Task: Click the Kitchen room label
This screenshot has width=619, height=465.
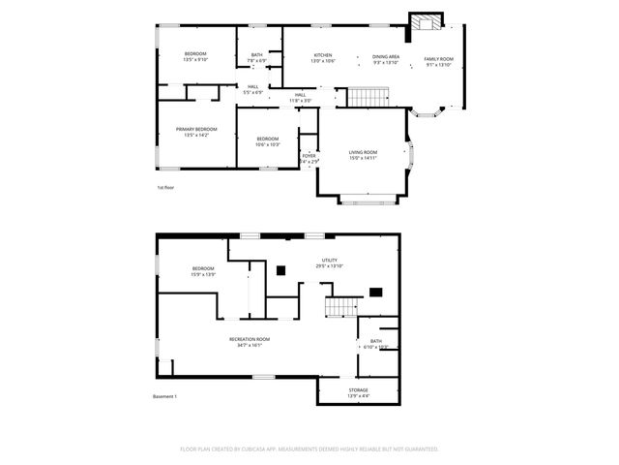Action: [322, 57]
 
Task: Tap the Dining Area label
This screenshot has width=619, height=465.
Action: [386, 57]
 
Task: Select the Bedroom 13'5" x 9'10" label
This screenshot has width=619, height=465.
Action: [195, 56]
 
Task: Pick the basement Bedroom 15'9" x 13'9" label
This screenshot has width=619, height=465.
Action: [202, 270]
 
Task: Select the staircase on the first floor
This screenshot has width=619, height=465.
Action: [366, 97]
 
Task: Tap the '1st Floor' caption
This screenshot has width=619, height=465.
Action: [165, 187]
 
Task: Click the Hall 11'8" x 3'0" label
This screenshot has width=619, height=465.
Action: [301, 97]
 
